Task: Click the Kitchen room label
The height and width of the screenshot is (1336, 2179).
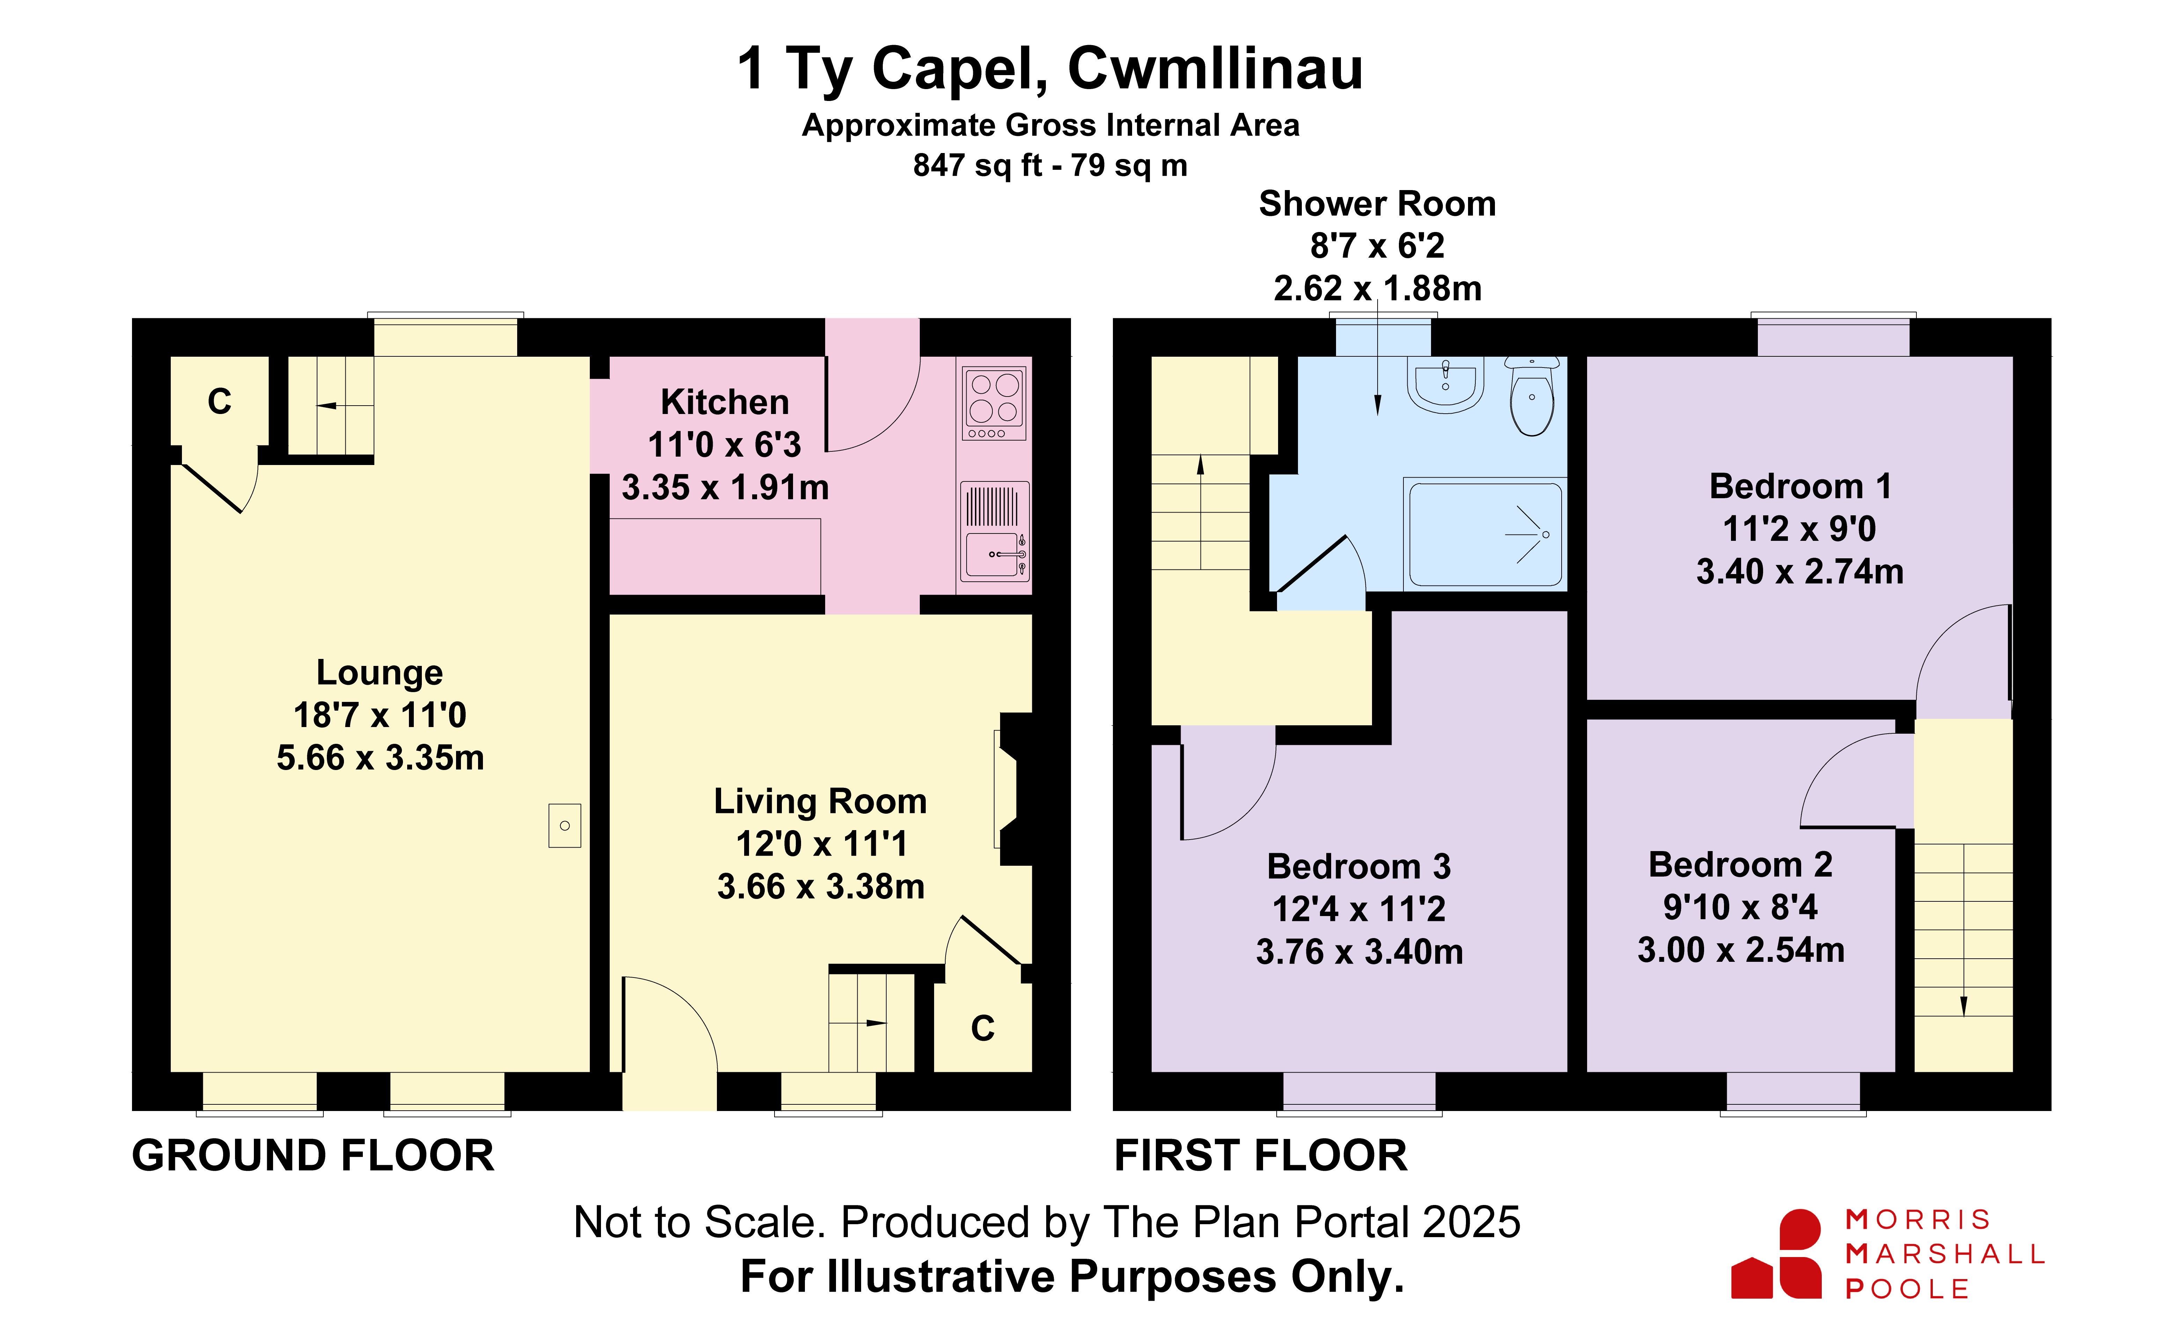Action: (724, 402)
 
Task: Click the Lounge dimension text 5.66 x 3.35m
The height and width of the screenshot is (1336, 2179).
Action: (380, 758)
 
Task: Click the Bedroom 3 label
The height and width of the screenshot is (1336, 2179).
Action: (1358, 867)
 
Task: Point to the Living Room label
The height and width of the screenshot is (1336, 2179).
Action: (820, 801)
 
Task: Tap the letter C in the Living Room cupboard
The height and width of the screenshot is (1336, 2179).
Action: (983, 1028)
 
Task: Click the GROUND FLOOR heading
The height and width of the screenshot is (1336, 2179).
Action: (313, 1156)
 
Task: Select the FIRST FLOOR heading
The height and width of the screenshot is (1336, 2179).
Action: (1260, 1156)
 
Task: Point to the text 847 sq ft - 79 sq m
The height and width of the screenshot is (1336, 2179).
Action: (1050, 166)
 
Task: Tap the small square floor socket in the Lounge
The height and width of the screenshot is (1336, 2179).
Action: (564, 826)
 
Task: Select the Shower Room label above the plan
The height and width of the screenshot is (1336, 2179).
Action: (1377, 204)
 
